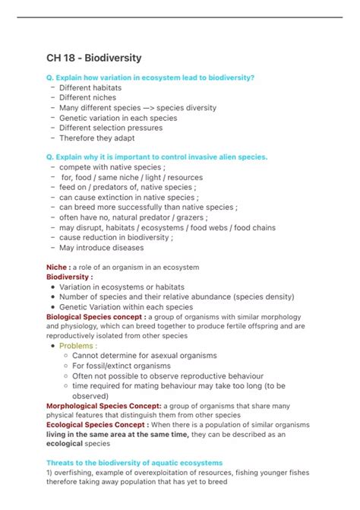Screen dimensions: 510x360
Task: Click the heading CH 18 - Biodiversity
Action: click(x=93, y=58)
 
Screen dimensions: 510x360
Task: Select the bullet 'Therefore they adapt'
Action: click(x=98, y=138)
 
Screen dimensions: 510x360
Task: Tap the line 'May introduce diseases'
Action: click(x=101, y=247)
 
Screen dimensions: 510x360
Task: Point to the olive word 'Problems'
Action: click(x=78, y=346)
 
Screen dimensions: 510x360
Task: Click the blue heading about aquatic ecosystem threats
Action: click(x=134, y=463)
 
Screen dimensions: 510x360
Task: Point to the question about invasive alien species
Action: click(x=157, y=157)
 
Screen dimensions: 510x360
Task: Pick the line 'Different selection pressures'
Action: click(x=111, y=128)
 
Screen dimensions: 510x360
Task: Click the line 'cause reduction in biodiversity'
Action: click(x=115, y=237)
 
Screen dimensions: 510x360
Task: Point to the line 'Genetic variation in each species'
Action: click(x=119, y=118)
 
